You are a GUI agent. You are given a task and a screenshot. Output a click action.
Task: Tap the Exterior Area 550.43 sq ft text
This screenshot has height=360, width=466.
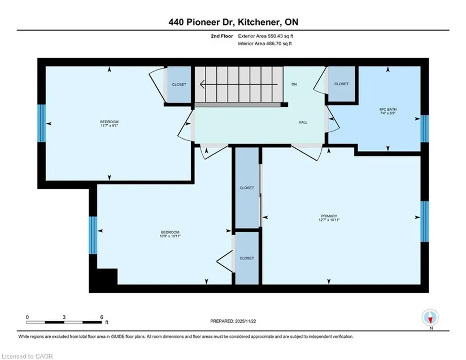pyautogui.click(x=265, y=36)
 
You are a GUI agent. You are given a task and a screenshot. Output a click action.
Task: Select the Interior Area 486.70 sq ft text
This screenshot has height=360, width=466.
pyautogui.click(x=265, y=44)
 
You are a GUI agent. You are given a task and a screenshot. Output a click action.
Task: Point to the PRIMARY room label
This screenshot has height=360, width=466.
pyautogui.click(x=329, y=216)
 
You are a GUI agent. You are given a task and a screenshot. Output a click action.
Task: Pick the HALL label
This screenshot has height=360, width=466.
pyautogui.click(x=303, y=122)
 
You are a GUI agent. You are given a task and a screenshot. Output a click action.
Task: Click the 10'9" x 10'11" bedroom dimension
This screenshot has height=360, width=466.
pyautogui.click(x=170, y=236)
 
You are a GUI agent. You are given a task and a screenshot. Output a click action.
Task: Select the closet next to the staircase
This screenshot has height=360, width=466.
pyautogui.click(x=179, y=84)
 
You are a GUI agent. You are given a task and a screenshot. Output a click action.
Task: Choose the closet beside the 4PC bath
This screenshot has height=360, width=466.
pyautogui.click(x=342, y=84)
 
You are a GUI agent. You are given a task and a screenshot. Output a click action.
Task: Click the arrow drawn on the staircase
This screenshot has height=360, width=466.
pyautogui.click(x=239, y=84)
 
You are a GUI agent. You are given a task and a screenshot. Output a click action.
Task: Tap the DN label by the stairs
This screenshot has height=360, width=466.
pyautogui.click(x=294, y=84)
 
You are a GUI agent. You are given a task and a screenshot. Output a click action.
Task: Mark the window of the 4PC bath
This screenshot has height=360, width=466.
pyautogui.click(x=425, y=129)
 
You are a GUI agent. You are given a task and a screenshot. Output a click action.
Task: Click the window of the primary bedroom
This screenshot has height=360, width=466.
pyautogui.click(x=425, y=222)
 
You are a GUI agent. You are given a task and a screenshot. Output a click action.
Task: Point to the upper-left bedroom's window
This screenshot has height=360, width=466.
pyautogui.click(x=42, y=123)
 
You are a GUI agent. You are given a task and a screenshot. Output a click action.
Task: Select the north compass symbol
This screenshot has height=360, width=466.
pyautogui.click(x=430, y=318)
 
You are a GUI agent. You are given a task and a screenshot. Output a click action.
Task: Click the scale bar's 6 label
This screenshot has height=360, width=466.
pyautogui.click(x=101, y=317)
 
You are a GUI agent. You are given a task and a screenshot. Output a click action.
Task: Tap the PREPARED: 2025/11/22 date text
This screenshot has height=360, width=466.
pyautogui.click(x=233, y=321)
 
